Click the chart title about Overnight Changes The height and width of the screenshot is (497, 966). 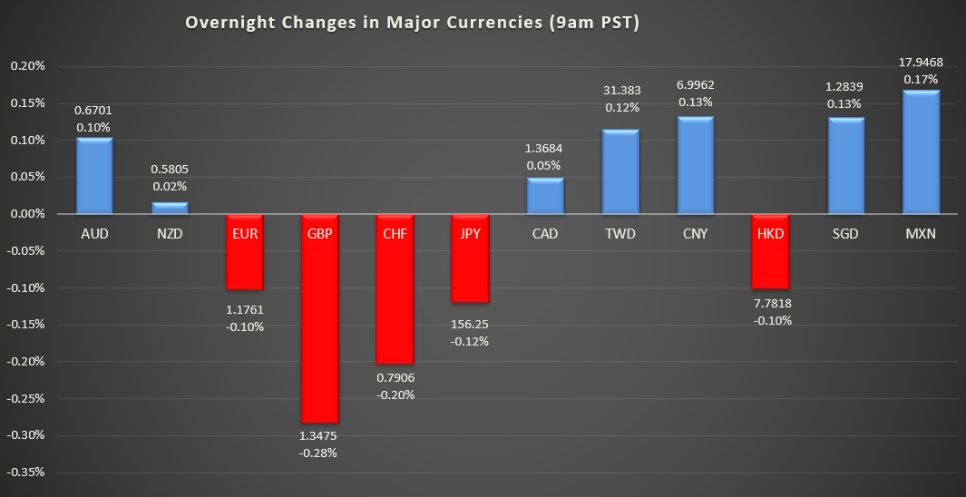413,24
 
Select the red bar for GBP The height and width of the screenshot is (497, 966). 320,317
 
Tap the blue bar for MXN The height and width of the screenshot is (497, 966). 922,152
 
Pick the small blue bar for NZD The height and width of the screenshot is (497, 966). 170,209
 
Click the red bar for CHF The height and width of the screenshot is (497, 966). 395,288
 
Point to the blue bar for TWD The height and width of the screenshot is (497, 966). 620,171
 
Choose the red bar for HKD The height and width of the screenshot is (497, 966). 771,251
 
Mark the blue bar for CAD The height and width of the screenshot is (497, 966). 545,196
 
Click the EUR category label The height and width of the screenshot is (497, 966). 245,234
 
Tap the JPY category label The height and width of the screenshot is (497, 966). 470,234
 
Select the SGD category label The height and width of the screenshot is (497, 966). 845,234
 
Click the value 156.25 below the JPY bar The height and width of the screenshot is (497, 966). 470,324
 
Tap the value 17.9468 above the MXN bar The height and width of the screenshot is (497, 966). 922,63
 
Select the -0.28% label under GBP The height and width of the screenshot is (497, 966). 320,453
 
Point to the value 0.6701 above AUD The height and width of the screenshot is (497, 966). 94,111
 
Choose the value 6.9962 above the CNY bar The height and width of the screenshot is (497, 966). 696,85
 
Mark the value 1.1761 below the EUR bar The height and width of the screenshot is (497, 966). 245,309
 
